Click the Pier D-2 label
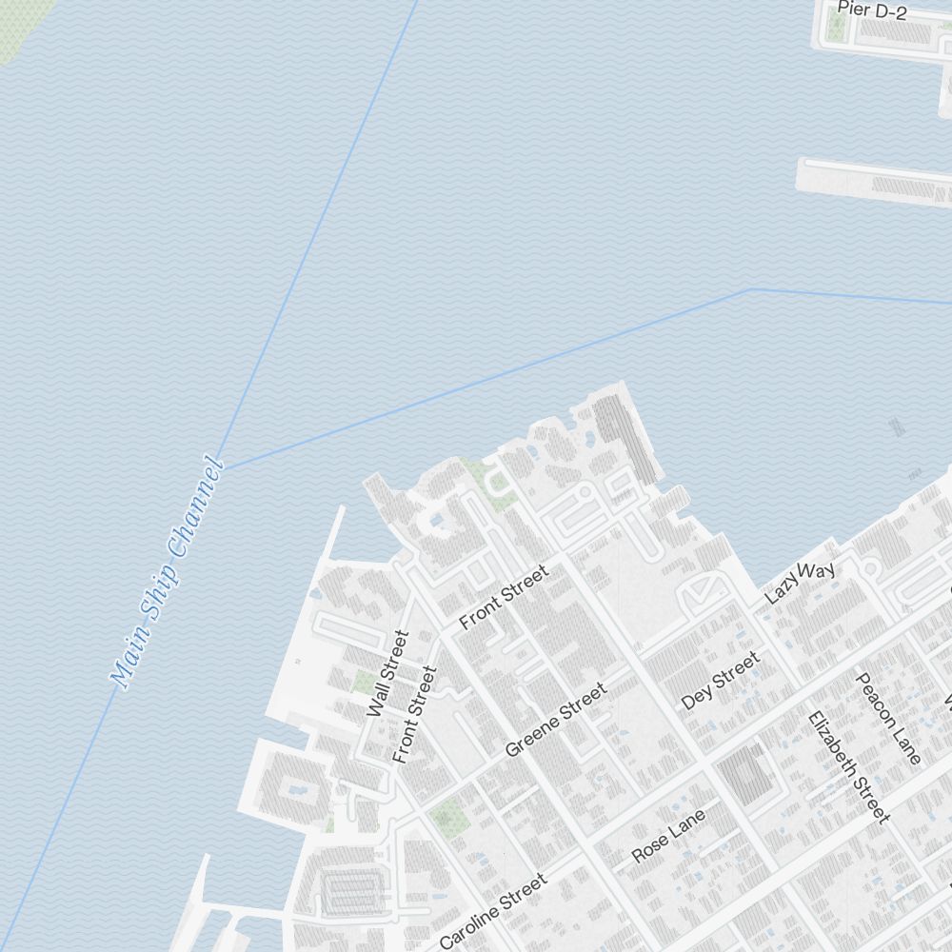click(871, 10)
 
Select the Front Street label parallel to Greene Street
click(504, 598)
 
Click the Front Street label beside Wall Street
click(414, 714)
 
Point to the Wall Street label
click(387, 674)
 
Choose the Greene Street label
click(556, 721)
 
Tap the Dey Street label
click(721, 681)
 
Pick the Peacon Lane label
click(888, 719)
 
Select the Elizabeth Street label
click(848, 767)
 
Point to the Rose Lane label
click(668, 836)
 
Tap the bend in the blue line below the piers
click(751, 289)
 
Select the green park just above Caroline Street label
click(445, 814)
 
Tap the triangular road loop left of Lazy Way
click(702, 591)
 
